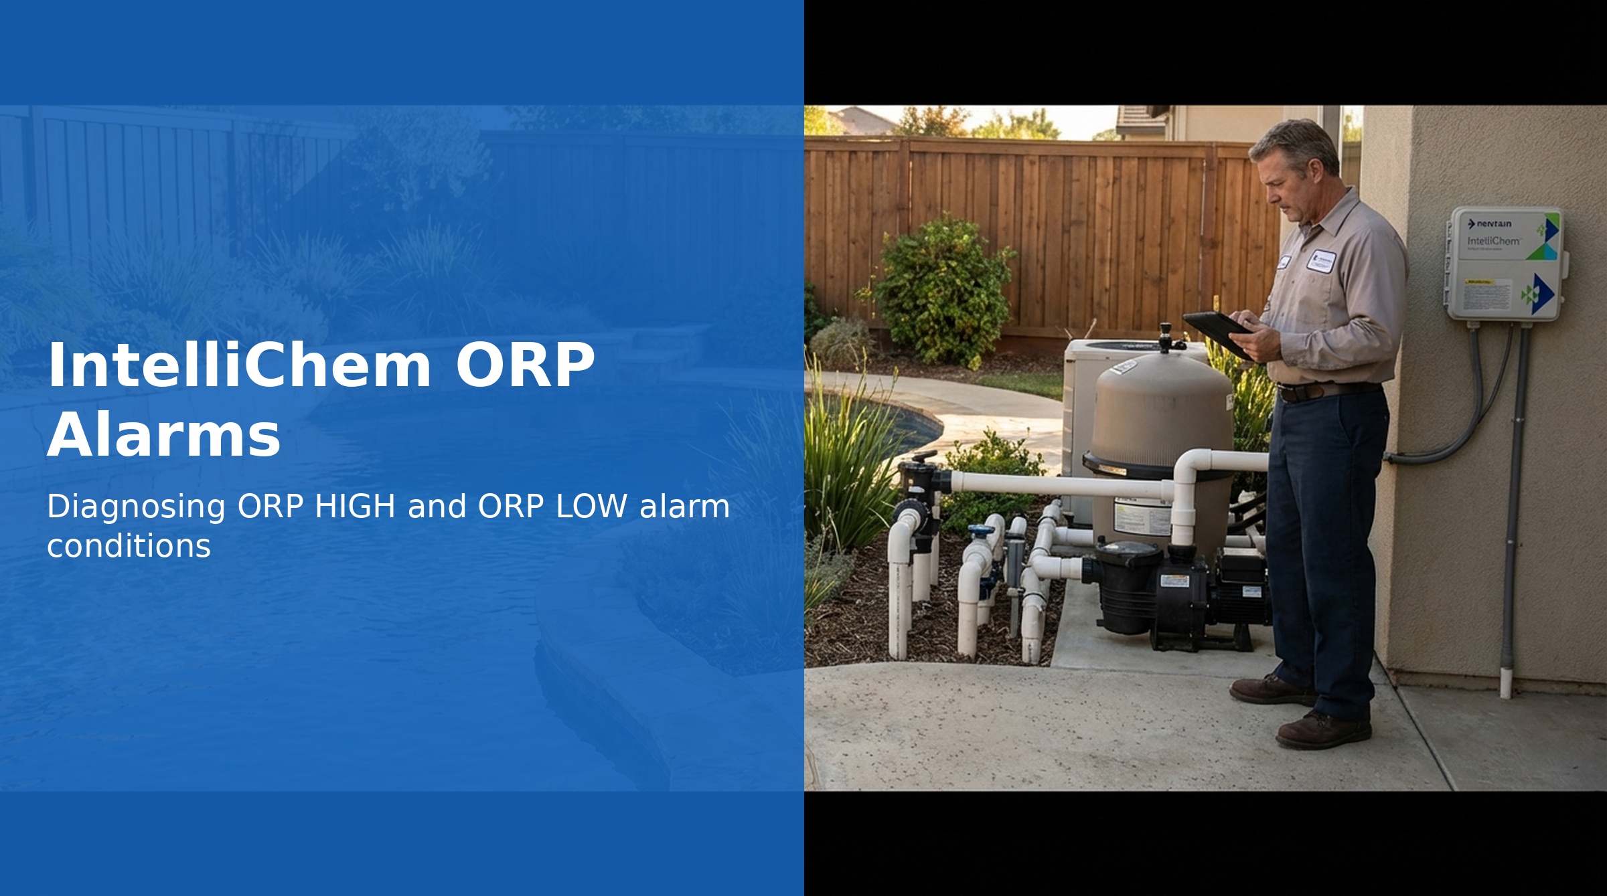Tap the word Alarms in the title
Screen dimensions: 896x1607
tap(163, 436)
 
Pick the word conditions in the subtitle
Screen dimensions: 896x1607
tap(129, 546)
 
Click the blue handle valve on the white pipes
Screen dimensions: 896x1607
tap(982, 533)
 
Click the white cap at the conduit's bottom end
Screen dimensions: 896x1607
tap(1505, 682)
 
